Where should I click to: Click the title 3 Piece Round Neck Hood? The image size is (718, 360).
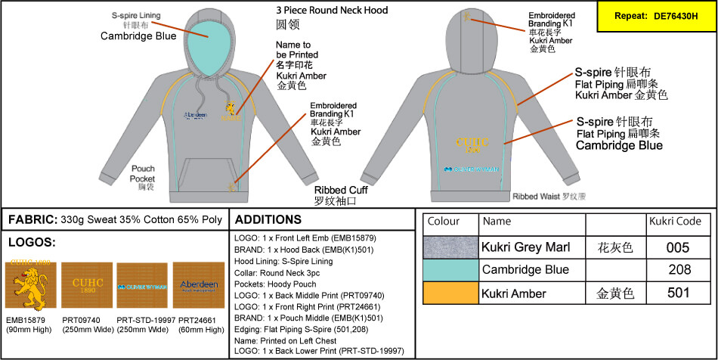[332, 11]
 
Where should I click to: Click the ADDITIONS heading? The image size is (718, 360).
[268, 220]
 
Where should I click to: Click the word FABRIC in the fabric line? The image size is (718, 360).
[32, 220]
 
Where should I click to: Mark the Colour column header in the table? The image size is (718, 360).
[443, 222]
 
